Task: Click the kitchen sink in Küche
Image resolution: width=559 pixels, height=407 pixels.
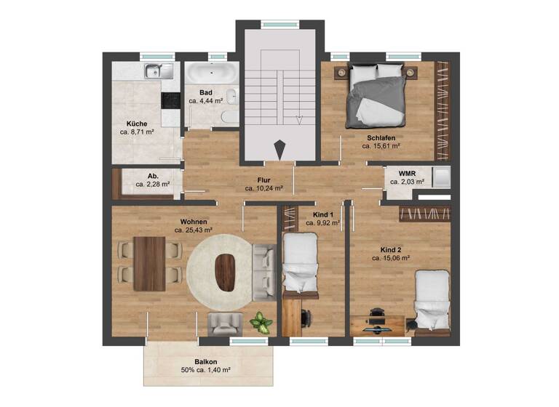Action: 156,70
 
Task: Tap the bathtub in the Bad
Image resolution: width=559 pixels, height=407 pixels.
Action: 210,73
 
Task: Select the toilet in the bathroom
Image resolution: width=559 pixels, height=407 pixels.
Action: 227,118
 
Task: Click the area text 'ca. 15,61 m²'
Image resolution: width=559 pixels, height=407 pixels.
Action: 381,146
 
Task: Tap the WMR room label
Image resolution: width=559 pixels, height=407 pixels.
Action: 407,173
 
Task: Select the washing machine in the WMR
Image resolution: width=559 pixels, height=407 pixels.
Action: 441,178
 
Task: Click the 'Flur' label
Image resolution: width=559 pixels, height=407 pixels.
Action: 264,179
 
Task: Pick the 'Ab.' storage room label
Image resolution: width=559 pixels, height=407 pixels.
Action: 153,176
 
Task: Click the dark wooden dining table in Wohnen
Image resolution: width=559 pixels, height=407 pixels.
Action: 150,263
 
